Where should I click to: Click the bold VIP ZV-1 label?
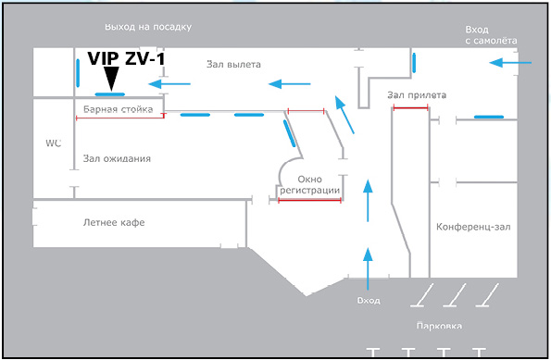coord(126,58)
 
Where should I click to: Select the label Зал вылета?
coord(233,64)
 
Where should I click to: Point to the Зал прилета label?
coord(417,95)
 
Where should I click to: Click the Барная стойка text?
coord(119,109)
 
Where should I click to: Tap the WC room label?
coord(54,143)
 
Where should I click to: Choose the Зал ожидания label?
coord(117,159)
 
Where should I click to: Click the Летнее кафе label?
coord(114,222)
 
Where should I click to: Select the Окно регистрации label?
coord(309,185)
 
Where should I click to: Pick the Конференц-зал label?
coord(473,227)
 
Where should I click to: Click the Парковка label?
coord(439,327)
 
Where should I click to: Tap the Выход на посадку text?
coord(148,27)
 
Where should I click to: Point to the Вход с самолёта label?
coord(491,35)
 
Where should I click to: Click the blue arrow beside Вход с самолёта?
coord(510,63)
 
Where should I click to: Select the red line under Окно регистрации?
coord(309,200)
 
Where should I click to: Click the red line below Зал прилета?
coord(410,108)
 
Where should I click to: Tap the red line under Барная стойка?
coord(120,118)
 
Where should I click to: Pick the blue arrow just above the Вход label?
coord(368,268)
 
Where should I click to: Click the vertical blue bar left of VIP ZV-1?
coord(78,73)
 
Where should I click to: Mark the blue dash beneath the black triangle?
coord(110,94)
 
